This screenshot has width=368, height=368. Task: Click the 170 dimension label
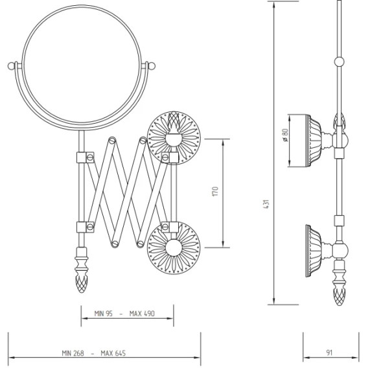[x=216, y=192]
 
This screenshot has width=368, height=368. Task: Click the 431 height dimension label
[x=266, y=204]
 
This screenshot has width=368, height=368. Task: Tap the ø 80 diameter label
[x=286, y=135]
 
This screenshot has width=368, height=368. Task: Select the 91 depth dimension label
[x=329, y=352]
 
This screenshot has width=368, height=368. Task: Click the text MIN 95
[x=104, y=314]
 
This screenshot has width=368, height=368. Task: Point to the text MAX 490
[x=142, y=314]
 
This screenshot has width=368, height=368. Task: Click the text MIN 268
[x=73, y=353]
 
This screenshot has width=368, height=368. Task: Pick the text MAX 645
[x=113, y=353]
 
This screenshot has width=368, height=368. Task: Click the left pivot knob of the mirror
[x=11, y=65]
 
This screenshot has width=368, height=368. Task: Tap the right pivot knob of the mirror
[x=152, y=65]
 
